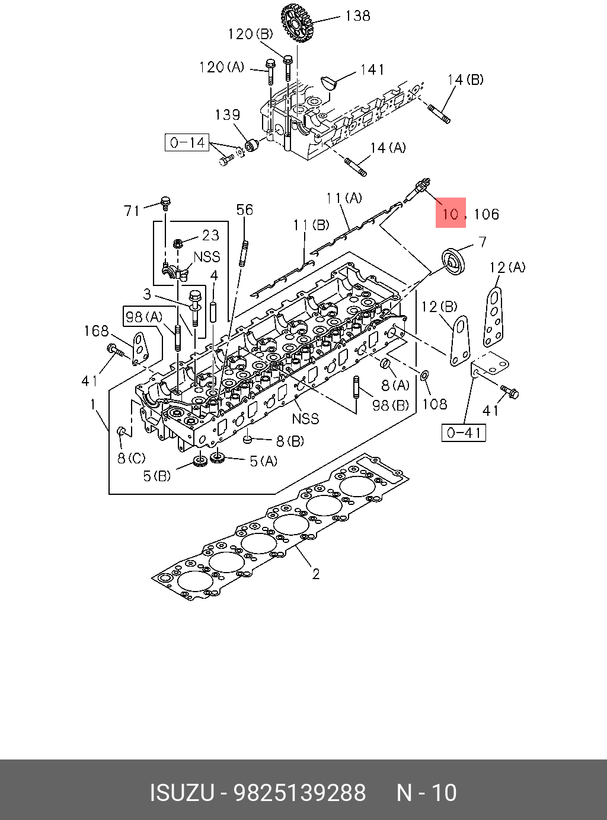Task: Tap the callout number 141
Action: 372,69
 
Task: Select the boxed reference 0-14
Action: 187,142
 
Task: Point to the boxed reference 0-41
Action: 464,433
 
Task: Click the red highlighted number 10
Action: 451,214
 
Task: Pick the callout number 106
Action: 486,214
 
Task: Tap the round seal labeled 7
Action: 455,262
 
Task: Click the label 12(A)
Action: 507,267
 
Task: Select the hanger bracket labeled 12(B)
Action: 460,341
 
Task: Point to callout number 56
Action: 245,209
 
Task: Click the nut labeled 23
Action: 177,244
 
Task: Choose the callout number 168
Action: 97,331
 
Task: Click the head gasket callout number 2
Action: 315,574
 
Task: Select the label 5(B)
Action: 157,476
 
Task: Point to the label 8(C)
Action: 132,458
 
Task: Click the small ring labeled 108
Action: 424,376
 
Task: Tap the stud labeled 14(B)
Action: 439,115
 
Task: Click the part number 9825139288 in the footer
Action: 299,792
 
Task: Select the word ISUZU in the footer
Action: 182,792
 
